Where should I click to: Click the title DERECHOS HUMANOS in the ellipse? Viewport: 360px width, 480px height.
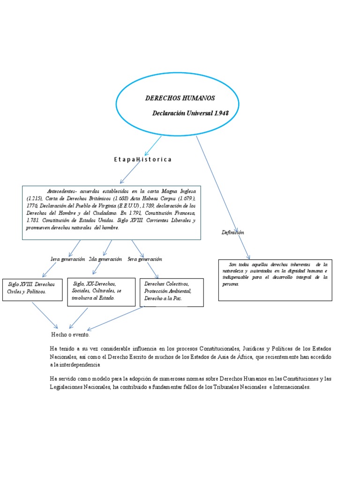180,98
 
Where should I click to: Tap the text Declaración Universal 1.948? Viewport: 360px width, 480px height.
191,113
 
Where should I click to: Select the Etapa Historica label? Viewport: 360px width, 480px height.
142,159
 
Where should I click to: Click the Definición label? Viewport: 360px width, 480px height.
233,232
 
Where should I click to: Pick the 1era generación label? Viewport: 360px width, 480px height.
67,259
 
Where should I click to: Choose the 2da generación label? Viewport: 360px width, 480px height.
105,259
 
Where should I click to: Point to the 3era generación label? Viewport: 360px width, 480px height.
145,259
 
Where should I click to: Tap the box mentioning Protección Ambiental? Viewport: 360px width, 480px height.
172,292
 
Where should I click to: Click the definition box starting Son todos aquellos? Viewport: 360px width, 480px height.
275,280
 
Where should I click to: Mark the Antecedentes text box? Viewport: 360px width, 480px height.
111,212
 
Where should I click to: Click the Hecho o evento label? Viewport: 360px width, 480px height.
70,335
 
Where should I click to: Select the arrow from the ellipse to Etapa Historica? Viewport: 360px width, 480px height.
152,146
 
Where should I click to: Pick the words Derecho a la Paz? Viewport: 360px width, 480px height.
163,298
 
